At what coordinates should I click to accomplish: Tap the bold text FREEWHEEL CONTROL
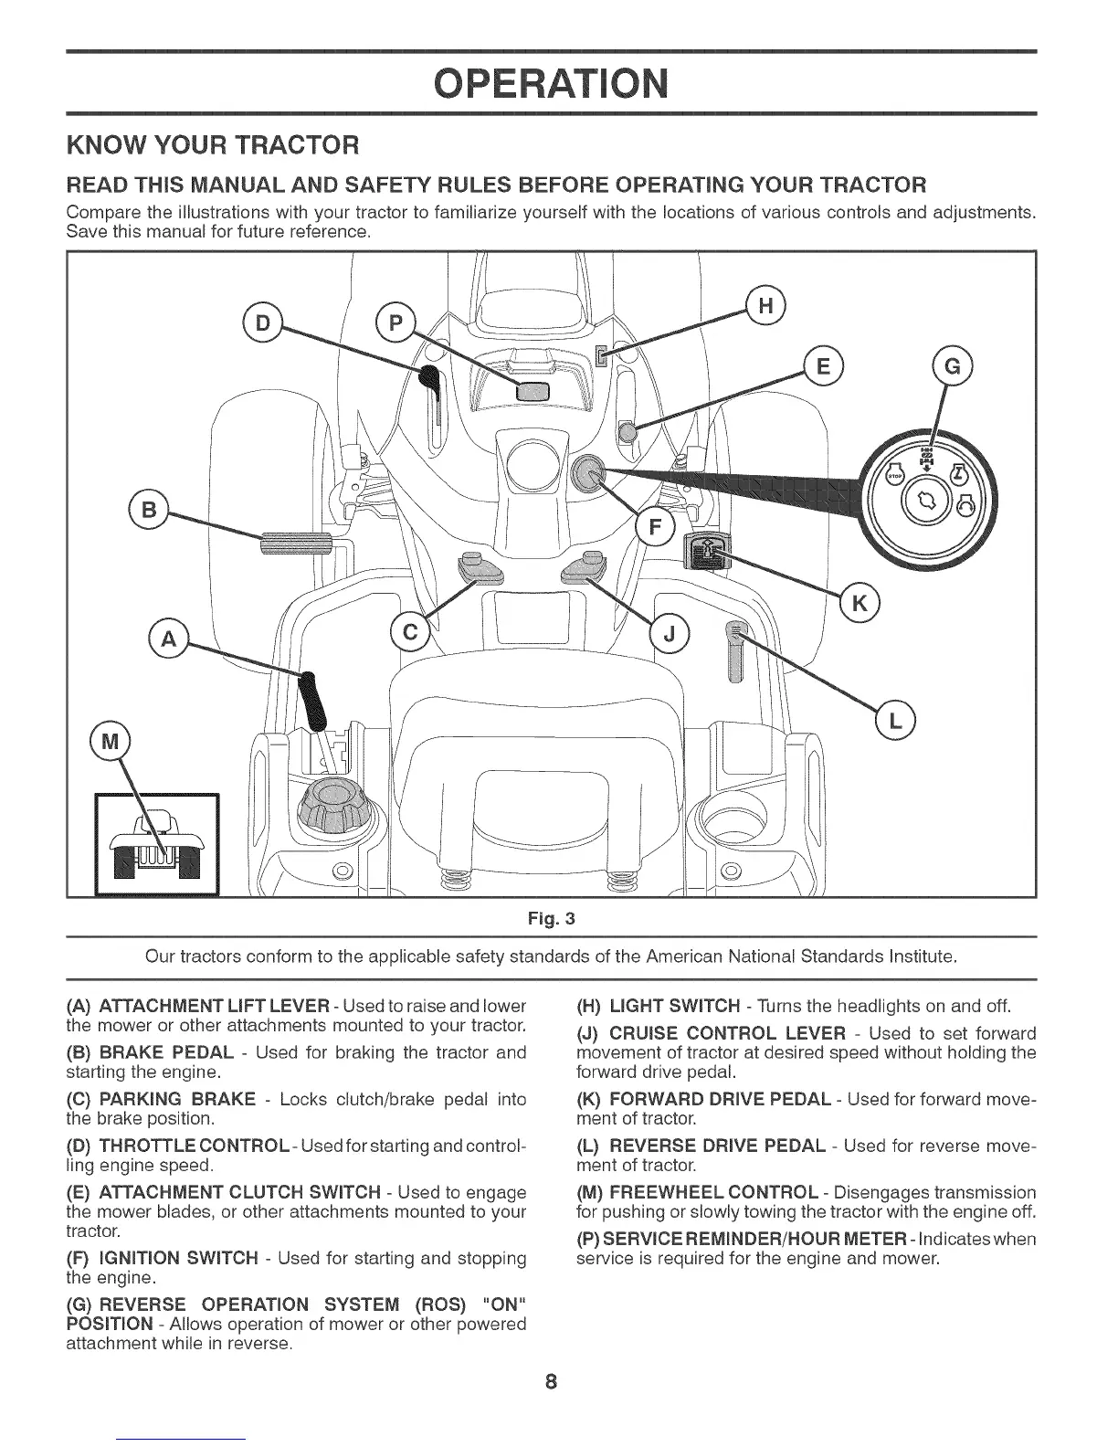coord(712,1192)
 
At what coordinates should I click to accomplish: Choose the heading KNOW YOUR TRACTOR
coord(213,145)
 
